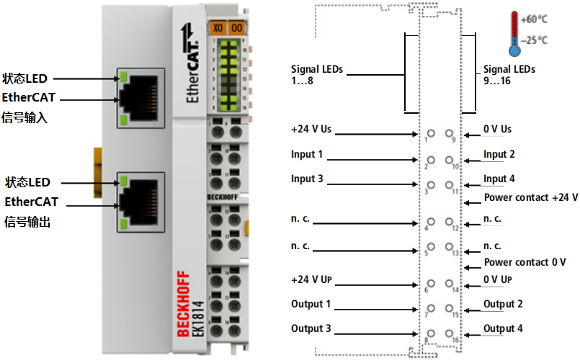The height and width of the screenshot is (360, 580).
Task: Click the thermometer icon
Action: (x=514, y=33)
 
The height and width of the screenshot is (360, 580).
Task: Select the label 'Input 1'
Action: (x=307, y=154)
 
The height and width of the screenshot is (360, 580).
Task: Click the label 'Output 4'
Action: (x=503, y=329)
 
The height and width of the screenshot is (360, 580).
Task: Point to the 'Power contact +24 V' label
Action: (x=530, y=197)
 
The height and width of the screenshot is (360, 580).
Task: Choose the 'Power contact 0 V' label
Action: (x=525, y=262)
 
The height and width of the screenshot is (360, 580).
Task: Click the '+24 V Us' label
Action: (x=311, y=130)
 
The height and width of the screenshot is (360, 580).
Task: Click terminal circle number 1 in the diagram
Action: (x=431, y=133)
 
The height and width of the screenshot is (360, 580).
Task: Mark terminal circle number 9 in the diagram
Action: (x=450, y=133)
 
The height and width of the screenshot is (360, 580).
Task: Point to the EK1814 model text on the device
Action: (x=198, y=316)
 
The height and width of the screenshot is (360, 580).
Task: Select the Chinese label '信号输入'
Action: (x=25, y=117)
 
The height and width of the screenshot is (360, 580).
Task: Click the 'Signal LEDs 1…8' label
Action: (x=317, y=75)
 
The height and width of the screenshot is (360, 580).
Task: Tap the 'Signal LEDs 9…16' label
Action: (x=509, y=75)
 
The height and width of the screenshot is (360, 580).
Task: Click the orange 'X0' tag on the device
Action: (x=218, y=28)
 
